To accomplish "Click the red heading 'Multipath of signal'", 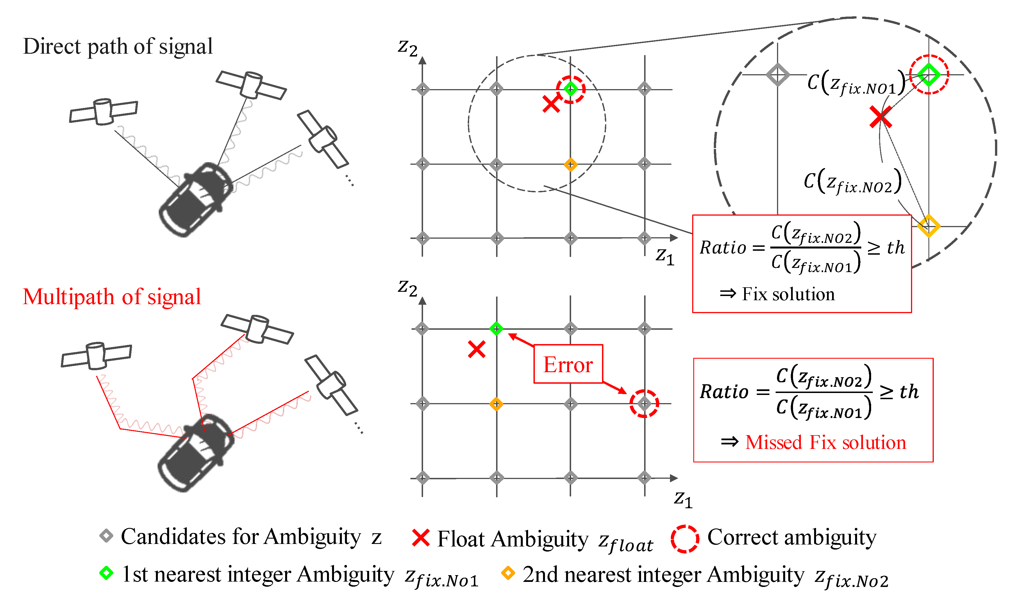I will point(112,297).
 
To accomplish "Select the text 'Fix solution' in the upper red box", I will point(788,294).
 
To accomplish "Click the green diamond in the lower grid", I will point(496,328).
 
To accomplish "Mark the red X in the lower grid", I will point(476,349).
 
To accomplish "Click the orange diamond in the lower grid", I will point(496,404).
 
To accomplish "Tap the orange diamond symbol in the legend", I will point(508,573).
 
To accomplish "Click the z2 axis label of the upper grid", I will point(407,48).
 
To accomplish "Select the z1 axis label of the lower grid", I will point(683,499).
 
